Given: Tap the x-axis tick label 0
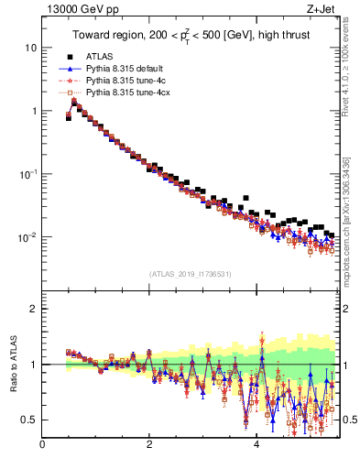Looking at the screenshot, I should click(x=42, y=444).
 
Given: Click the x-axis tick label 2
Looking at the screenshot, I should click(x=149, y=444).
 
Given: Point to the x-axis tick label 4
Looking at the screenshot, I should click(x=256, y=444).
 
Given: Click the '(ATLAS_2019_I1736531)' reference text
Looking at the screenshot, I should click(x=190, y=273).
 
